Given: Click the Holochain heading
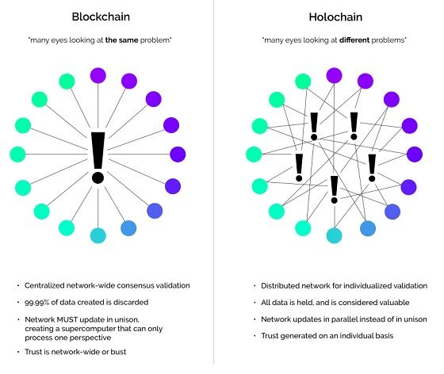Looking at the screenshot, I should (x=334, y=16).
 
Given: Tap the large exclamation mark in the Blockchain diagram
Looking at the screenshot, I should (x=98, y=157).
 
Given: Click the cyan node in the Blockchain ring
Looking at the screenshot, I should (x=98, y=235).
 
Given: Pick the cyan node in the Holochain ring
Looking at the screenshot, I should (x=334, y=235).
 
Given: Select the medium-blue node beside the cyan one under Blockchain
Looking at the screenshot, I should (x=128, y=228).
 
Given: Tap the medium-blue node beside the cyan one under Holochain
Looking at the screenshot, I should (x=368, y=228).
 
